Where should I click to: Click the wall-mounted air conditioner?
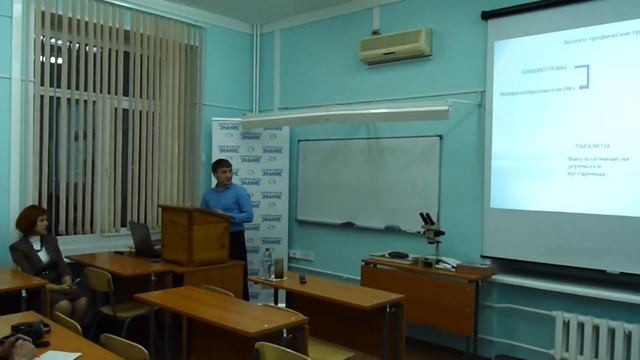coord(396,46)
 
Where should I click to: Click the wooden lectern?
coord(195,235)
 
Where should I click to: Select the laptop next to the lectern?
coord(143,240)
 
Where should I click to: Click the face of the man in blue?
coord(223,172)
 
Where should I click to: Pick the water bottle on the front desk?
coord(267,262)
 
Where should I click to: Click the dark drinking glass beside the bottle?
coord(279,268)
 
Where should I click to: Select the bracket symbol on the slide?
coord(582,76)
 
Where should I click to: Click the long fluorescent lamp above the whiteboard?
coord(345,116)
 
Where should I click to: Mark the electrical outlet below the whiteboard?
coord(299,255)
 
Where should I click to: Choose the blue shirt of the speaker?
coord(229,205)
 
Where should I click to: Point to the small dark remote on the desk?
coord(302,278)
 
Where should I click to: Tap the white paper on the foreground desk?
coord(58,355)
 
